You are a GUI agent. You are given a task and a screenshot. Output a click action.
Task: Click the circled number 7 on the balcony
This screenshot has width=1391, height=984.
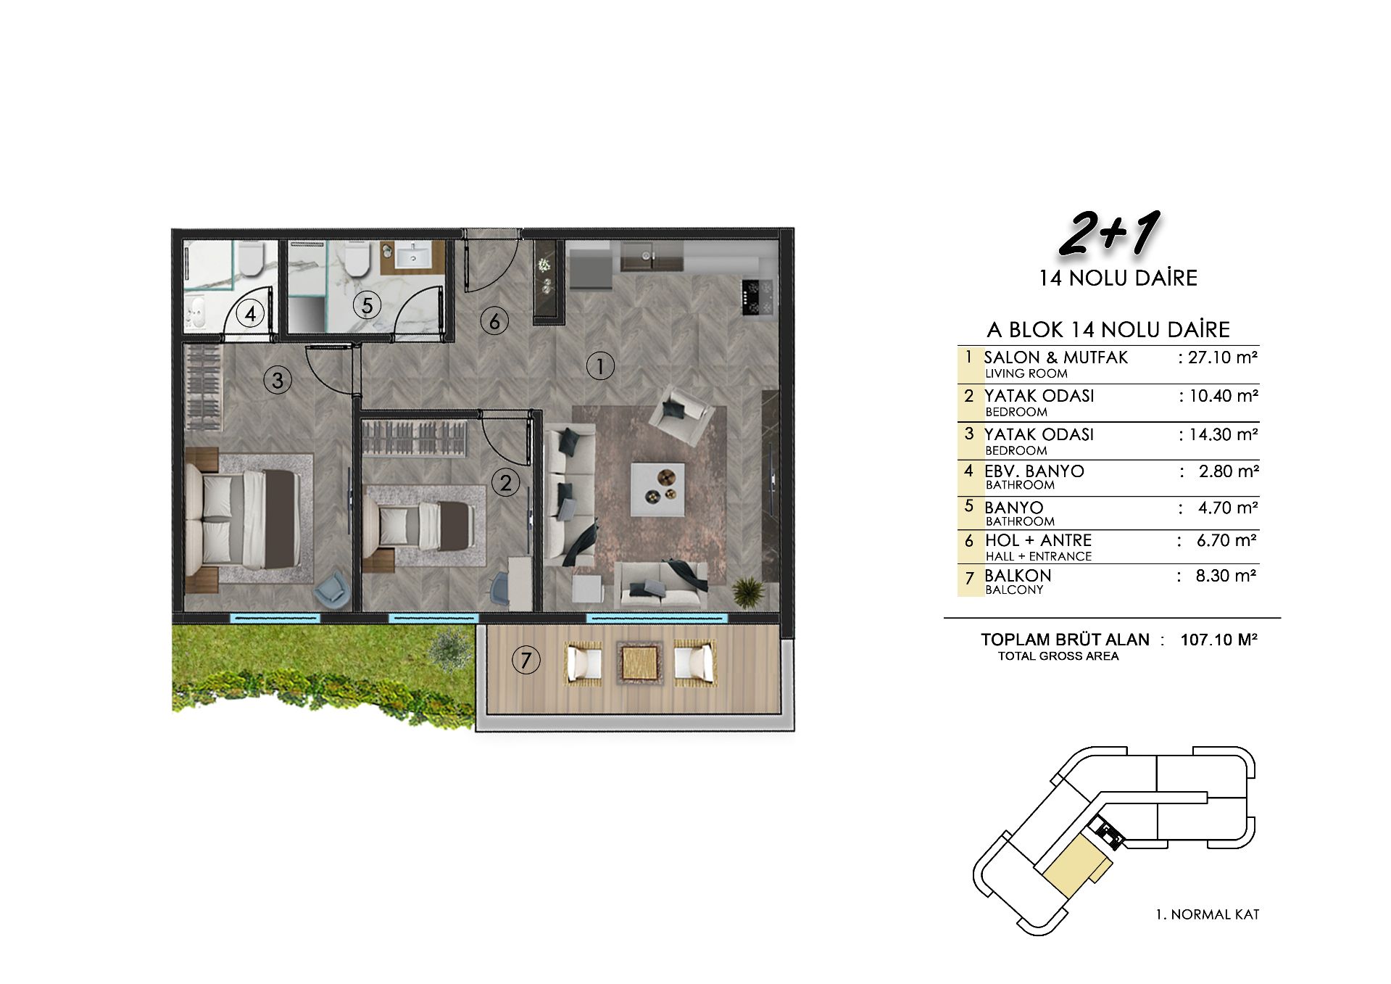click(526, 660)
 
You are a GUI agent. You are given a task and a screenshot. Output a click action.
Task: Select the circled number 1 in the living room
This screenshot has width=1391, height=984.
click(600, 366)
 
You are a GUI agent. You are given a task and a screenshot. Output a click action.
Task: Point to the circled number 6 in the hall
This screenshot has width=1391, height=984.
click(494, 321)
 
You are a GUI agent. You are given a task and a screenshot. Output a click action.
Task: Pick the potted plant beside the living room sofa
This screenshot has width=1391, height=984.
click(747, 591)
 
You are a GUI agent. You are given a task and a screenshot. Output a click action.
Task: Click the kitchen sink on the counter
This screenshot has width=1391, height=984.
click(652, 257)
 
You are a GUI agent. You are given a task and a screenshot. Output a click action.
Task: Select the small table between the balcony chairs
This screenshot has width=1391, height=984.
click(639, 661)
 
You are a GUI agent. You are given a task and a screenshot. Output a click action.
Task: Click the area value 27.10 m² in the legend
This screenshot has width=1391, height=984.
click(1222, 357)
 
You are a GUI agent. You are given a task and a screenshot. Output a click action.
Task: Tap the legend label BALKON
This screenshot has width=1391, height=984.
click(1018, 576)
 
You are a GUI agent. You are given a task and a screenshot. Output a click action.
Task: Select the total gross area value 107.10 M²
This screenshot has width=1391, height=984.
click(1218, 640)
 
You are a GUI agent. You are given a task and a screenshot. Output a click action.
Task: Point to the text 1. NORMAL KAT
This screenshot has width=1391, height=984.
click(1208, 914)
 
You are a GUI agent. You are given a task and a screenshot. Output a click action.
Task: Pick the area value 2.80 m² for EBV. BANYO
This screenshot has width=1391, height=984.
click(1228, 471)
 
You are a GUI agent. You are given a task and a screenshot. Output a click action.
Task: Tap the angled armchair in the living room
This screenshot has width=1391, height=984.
click(681, 413)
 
